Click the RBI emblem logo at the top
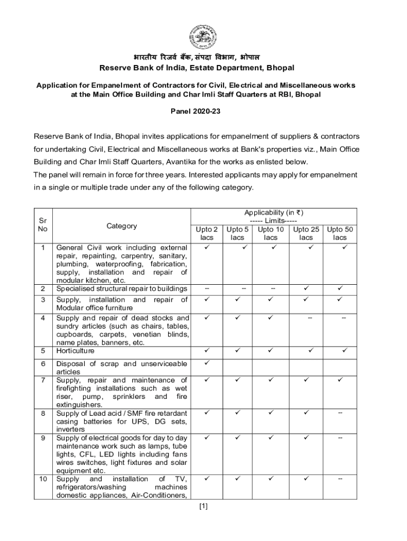click(203, 38)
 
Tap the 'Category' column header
click(122, 226)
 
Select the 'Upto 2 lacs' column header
click(207, 234)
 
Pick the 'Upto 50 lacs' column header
click(340, 234)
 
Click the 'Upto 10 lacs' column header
click(270, 234)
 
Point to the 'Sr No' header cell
click(42, 225)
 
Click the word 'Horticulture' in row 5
click(76, 351)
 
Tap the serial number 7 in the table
click(43, 380)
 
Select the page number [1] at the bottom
click(203, 506)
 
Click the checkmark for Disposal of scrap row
click(207, 363)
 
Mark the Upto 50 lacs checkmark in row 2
click(340, 288)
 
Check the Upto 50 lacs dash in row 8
click(340, 413)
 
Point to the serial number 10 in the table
click(43, 479)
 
